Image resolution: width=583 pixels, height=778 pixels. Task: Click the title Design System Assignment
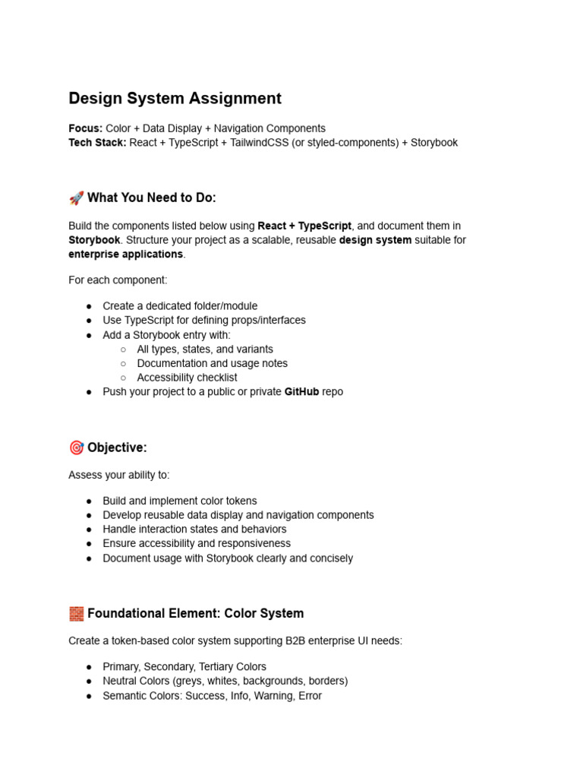(x=175, y=99)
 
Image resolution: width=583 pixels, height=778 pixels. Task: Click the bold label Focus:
(x=86, y=128)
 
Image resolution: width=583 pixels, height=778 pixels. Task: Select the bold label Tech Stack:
(x=97, y=143)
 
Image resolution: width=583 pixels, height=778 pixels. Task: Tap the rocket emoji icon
(x=76, y=198)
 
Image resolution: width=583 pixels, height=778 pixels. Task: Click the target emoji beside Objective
(x=76, y=448)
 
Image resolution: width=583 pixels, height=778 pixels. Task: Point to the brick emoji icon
(x=76, y=614)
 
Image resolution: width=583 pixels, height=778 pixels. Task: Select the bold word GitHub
(x=301, y=392)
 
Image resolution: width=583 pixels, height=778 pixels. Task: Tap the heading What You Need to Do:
(x=152, y=198)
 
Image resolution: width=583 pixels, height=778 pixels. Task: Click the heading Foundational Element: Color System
(x=195, y=614)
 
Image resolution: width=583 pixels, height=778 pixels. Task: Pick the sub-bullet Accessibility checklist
(x=187, y=378)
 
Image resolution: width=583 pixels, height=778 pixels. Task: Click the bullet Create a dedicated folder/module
(x=180, y=306)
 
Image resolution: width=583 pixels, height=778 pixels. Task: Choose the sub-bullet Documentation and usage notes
(x=212, y=364)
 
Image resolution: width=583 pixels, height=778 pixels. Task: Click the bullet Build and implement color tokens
(x=180, y=501)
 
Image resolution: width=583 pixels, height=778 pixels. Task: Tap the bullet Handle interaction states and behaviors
(x=194, y=530)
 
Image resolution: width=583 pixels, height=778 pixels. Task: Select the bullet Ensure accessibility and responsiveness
(x=197, y=544)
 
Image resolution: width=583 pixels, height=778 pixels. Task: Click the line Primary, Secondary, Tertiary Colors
(x=184, y=667)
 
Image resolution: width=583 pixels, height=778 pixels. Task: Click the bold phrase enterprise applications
(x=126, y=255)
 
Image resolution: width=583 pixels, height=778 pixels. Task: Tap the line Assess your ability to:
(x=119, y=476)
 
